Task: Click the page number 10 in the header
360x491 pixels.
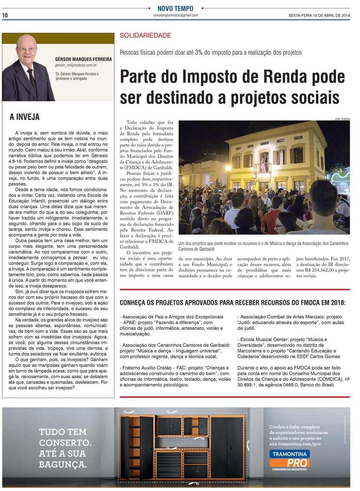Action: [5, 15]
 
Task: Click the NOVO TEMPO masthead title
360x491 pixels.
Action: [175, 9]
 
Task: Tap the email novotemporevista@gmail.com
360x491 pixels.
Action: [176, 15]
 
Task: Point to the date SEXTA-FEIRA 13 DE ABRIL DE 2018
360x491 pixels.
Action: [319, 15]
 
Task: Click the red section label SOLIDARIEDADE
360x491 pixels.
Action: [145, 35]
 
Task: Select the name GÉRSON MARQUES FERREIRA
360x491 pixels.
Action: [83, 59]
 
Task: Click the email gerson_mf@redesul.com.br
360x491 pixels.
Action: [76, 65]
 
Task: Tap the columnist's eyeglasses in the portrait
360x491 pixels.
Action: [27, 49]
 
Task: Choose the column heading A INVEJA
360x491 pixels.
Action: [24, 117]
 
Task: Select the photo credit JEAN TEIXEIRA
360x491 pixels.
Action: [342, 119]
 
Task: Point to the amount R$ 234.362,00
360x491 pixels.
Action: [320, 270]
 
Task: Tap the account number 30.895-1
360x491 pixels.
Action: [248, 385]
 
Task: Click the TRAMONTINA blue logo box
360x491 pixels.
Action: [289, 454]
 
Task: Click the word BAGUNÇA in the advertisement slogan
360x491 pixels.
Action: [63, 464]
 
